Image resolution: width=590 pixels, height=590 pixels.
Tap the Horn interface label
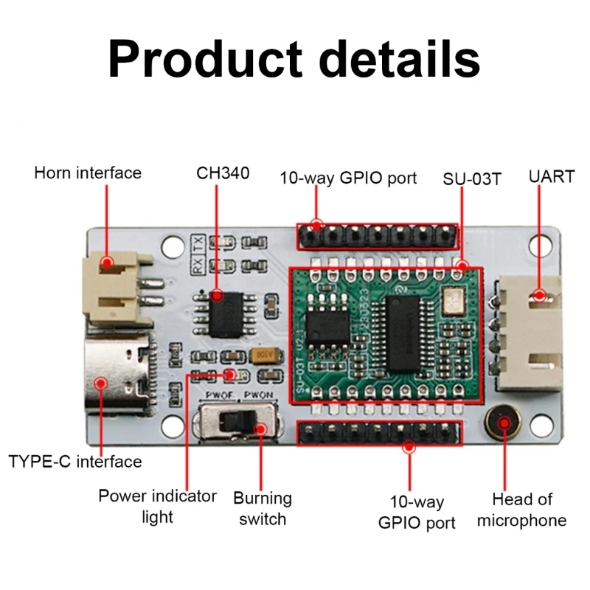click(x=88, y=173)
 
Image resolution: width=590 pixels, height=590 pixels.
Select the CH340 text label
click(x=223, y=173)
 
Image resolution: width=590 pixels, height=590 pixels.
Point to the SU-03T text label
click(x=472, y=178)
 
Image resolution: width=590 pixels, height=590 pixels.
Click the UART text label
click(x=551, y=177)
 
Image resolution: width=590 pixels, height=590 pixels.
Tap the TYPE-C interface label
click(x=75, y=462)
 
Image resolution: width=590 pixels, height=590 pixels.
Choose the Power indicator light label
click(x=157, y=505)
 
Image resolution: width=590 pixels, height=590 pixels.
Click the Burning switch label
click(x=263, y=508)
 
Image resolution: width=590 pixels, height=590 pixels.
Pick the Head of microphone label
click(x=521, y=510)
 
